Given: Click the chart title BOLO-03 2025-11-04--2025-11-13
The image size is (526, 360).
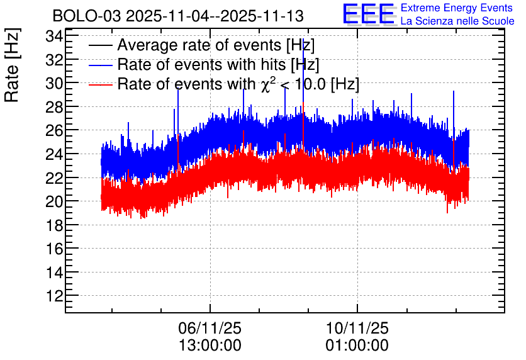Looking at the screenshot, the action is (178, 16).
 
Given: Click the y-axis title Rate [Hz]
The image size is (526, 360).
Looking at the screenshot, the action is (12, 65).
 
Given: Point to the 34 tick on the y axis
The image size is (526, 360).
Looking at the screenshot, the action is (54, 36).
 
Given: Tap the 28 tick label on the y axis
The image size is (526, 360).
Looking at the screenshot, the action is (54, 107).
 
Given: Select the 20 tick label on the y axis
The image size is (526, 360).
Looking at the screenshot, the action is (54, 201).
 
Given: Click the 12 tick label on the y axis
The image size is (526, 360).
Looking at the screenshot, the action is (54, 296).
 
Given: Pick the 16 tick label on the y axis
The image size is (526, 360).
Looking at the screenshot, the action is (54, 249).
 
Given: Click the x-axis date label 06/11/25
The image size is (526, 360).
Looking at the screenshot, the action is (210, 328).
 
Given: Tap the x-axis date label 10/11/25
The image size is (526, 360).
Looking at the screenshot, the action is (357, 328).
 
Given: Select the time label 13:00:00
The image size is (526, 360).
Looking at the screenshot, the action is (210, 346).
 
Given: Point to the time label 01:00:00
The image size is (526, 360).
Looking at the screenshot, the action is (357, 346).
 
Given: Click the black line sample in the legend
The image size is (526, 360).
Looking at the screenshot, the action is (100, 45).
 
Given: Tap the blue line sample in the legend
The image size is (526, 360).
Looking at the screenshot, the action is (100, 65).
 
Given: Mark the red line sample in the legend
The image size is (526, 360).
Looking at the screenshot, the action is (100, 84).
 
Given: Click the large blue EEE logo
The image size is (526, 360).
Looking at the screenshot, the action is (369, 14).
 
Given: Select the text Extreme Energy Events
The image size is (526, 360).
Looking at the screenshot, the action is (457, 8).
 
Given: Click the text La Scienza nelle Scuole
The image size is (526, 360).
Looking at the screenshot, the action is (457, 21).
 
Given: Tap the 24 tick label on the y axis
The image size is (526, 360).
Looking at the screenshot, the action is (54, 154).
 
